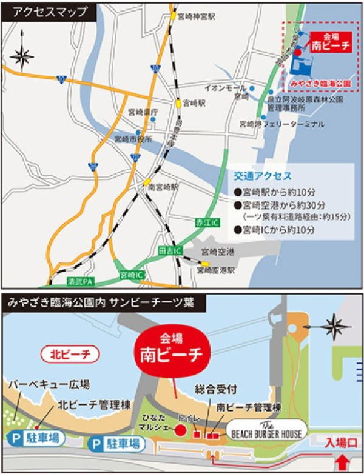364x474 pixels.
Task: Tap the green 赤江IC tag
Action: pos(201,224)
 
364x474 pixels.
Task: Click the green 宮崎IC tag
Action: pos(131,275)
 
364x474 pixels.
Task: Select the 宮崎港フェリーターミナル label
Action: pos(282,124)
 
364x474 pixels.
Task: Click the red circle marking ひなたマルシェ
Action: pos(180,430)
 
